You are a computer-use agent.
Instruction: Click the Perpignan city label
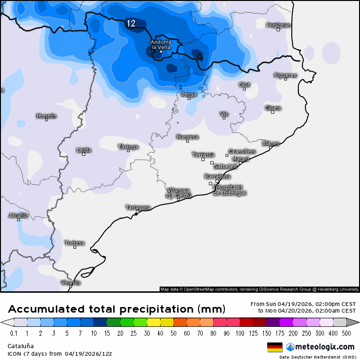pyautogui.click(x=278, y=25)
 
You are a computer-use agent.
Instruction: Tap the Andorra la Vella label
pyautogui.click(x=161, y=45)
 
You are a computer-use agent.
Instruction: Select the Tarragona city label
pyautogui.click(x=138, y=207)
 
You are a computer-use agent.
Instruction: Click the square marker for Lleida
pyautogui.click(x=84, y=154)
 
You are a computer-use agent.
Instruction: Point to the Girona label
pyautogui.click(x=273, y=108)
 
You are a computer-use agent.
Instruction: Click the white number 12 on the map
pyautogui.click(x=131, y=23)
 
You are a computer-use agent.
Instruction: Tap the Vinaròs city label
pyautogui.click(x=71, y=283)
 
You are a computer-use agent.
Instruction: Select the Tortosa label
pyautogui.click(x=74, y=243)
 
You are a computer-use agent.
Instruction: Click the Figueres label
pyautogui.click(x=285, y=75)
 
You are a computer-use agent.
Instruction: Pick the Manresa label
pyautogui.click(x=187, y=137)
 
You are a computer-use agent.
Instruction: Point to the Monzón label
pyautogui.click(x=46, y=116)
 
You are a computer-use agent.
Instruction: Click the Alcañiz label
pyautogui.click(x=18, y=216)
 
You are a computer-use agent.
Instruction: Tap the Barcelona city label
pyautogui.click(x=217, y=177)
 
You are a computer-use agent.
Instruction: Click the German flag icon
pyautogui.click(x=275, y=347)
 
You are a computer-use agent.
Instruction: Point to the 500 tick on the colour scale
pyautogui.click(x=347, y=333)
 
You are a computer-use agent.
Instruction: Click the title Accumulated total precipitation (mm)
pyautogui.click(x=117, y=309)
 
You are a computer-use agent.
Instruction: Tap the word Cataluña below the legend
pyautogui.click(x=20, y=346)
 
